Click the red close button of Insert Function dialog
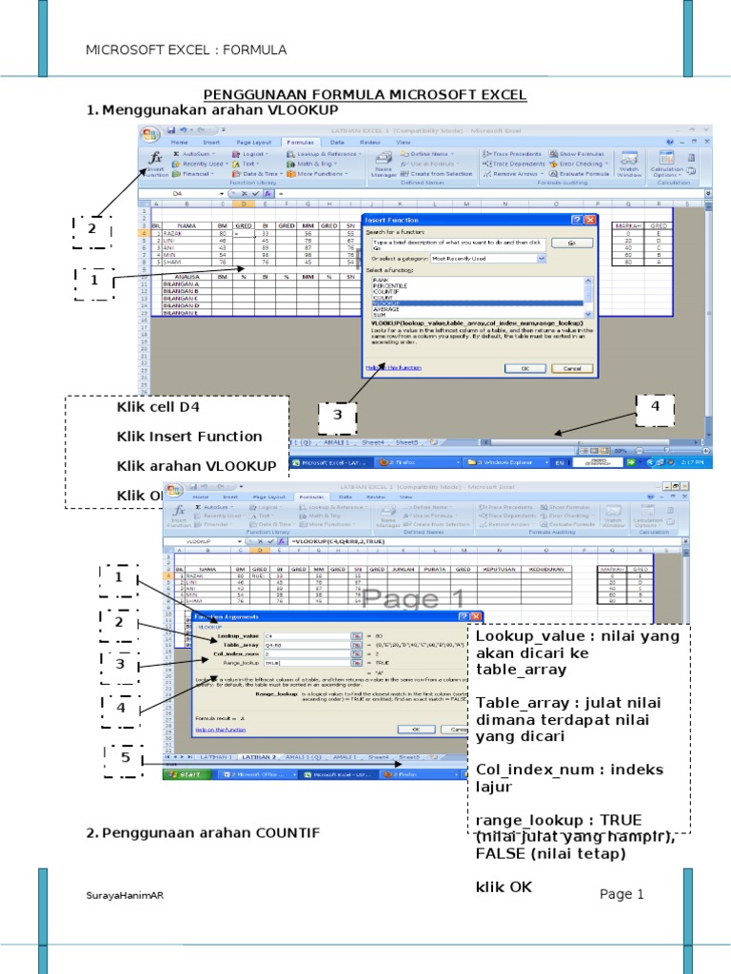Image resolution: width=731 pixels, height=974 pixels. click(x=590, y=220)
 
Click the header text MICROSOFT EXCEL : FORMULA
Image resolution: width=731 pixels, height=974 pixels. click(x=186, y=49)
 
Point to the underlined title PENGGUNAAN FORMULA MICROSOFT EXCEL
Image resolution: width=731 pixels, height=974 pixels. click(x=365, y=96)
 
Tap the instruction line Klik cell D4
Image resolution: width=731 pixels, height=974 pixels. click(x=158, y=408)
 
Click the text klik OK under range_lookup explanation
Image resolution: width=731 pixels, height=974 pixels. click(x=504, y=886)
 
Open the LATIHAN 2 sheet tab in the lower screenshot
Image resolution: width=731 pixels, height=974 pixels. click(x=259, y=757)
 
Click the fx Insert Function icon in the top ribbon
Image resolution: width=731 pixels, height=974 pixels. click(x=156, y=160)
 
